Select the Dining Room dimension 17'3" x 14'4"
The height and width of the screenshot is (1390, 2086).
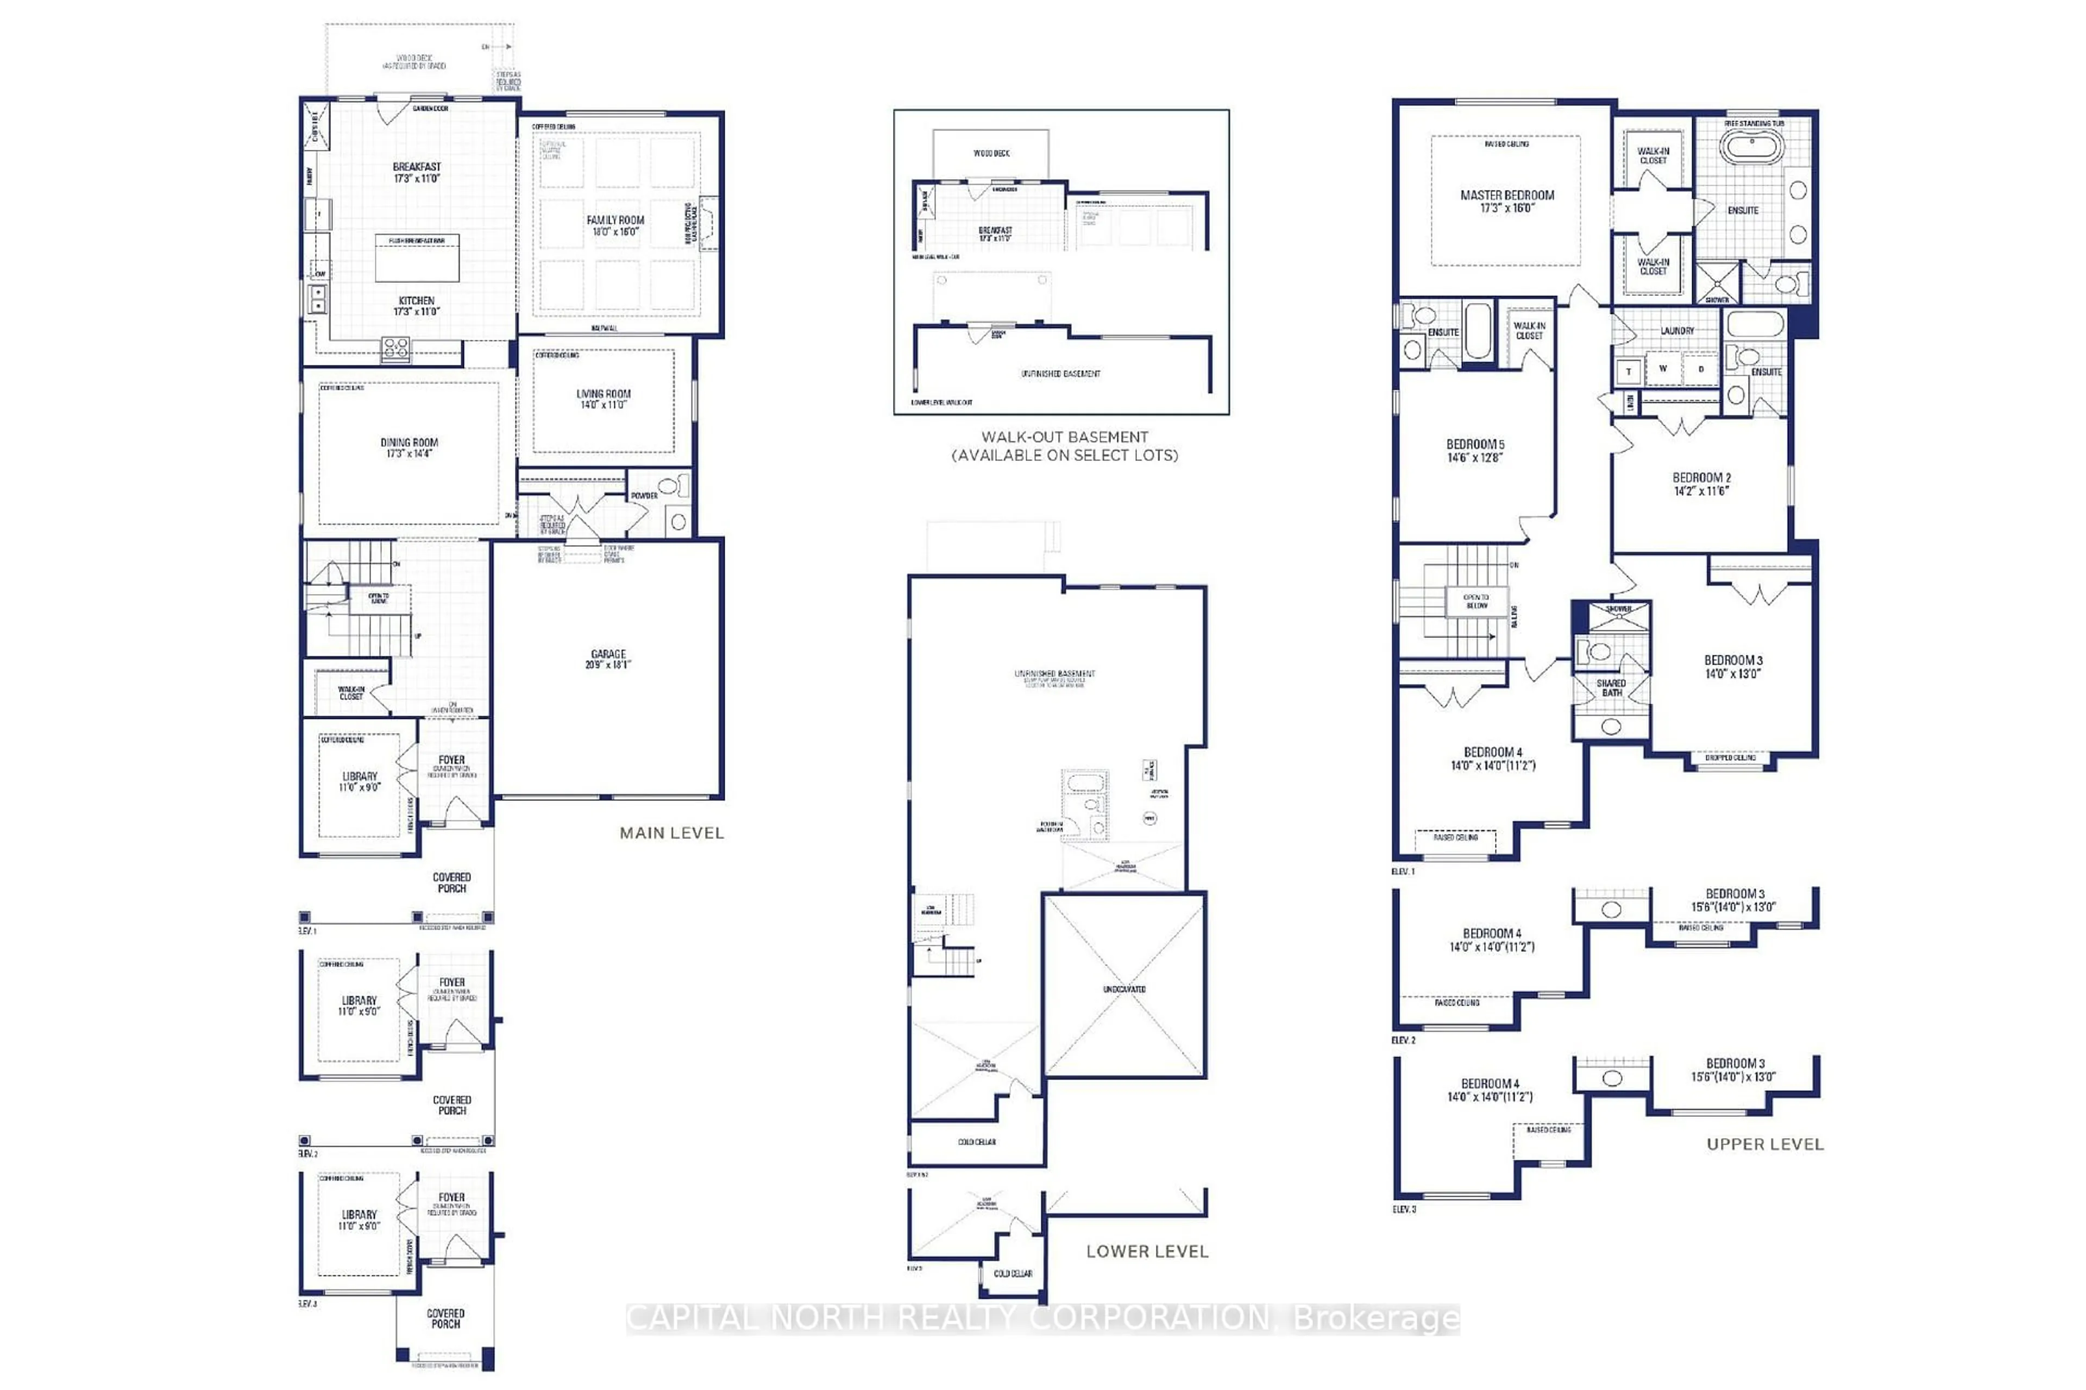409,454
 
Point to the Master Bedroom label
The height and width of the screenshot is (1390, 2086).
1507,195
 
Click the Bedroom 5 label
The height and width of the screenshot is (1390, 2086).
1475,444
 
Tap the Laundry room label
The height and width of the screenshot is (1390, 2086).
1677,331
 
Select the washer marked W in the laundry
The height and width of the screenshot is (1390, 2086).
1663,369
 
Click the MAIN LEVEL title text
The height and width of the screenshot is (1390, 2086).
671,833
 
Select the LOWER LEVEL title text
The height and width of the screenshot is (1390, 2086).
1147,1252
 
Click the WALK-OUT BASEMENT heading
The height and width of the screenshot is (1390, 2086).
1064,437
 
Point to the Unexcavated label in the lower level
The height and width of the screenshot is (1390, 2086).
1124,988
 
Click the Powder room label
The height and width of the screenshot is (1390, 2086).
644,496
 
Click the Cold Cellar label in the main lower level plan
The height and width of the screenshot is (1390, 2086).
977,1142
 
